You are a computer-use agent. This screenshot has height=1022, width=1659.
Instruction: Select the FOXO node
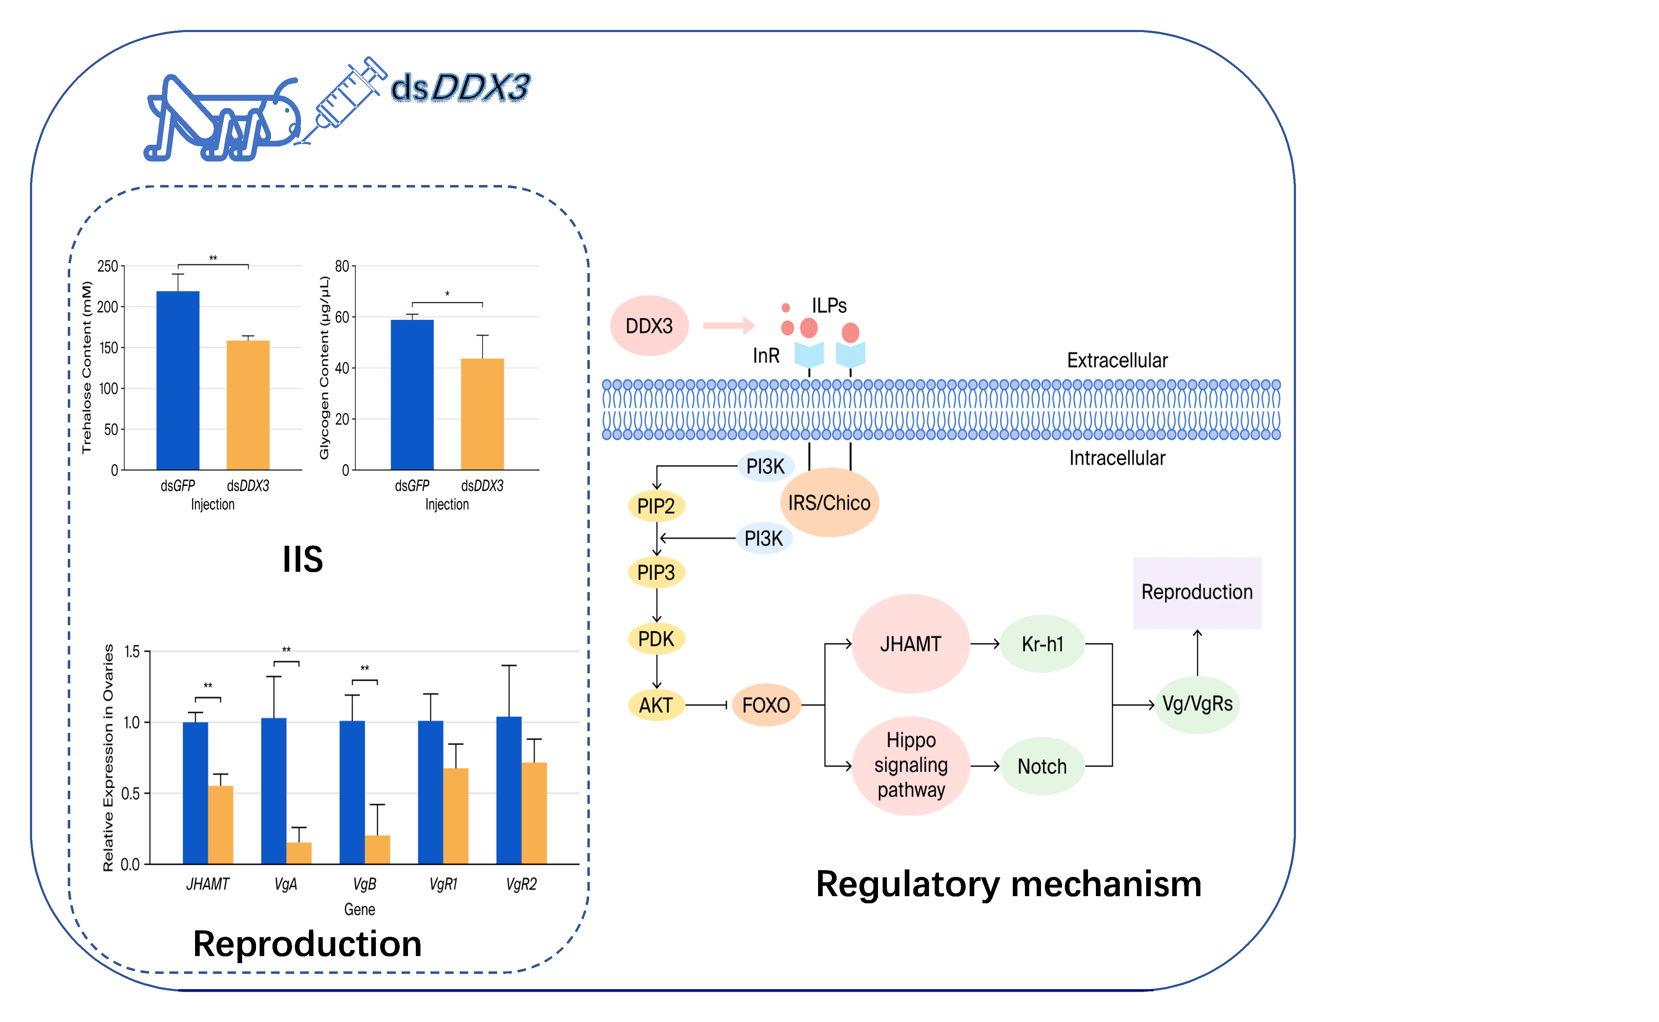click(766, 705)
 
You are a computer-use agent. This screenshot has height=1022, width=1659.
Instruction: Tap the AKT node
click(656, 705)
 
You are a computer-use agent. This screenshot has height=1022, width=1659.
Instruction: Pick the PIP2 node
click(656, 505)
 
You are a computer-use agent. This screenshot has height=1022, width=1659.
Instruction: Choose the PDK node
click(656, 639)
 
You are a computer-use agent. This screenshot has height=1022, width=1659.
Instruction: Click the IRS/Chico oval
click(829, 503)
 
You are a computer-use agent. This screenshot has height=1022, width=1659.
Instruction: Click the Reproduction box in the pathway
click(1196, 592)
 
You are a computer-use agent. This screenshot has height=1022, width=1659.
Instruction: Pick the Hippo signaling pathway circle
click(910, 765)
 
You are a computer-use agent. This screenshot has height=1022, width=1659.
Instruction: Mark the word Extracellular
click(1117, 360)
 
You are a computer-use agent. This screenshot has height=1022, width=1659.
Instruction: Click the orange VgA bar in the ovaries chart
click(299, 853)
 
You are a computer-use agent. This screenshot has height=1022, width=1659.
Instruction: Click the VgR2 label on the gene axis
click(521, 884)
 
